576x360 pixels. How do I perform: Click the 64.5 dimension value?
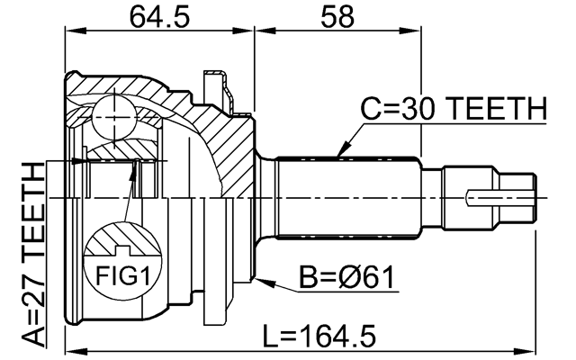pyautogui.click(x=157, y=16)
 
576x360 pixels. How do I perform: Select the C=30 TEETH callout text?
pyautogui.click(x=454, y=110)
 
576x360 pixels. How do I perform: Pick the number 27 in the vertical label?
pyautogui.click(x=33, y=291)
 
